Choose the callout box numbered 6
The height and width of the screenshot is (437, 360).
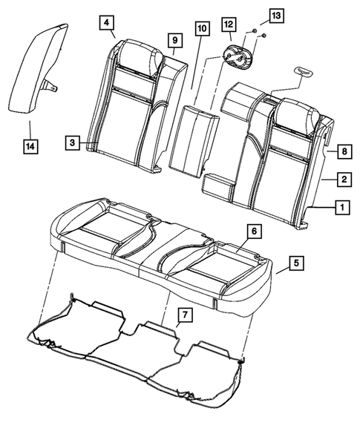(x=253, y=231)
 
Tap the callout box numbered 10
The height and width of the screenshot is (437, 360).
(x=200, y=29)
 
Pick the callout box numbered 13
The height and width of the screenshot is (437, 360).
(x=275, y=16)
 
